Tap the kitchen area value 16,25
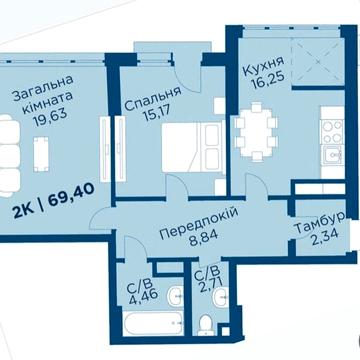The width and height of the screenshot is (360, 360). pos(262,87)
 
